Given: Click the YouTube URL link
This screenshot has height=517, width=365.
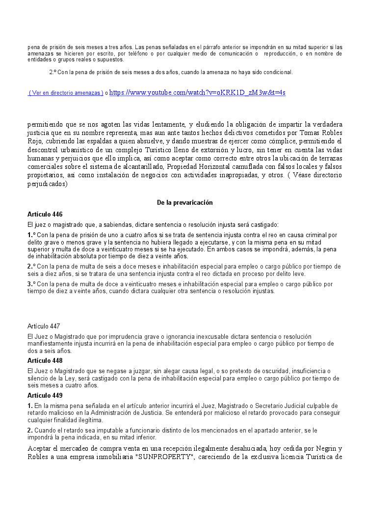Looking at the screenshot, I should point(197,92).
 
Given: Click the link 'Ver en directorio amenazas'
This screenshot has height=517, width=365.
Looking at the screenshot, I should point(66,93).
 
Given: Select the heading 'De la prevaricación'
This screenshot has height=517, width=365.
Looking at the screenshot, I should point(185,202).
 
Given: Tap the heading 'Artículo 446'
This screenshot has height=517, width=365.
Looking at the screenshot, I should point(45,214).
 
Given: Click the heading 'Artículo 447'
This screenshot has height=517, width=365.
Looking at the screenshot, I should point(44,326).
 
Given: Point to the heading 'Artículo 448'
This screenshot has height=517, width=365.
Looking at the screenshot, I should point(45,360).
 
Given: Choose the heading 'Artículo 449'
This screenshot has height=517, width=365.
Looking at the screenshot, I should point(45,395).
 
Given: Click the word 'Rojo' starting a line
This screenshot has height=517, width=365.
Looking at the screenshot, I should point(34,141).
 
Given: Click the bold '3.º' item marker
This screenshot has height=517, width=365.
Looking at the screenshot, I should point(31,284).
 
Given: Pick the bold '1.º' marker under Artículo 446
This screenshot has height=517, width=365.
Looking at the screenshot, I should point(31,235).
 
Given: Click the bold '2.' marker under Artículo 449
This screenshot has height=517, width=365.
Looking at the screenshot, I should point(30,430).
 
